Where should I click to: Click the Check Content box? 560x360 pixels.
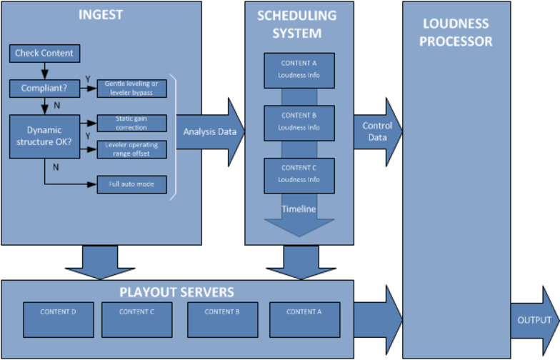pos(44,54)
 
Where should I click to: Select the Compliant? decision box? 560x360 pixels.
pos(44,89)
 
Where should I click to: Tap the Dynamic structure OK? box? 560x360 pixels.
pos(44,136)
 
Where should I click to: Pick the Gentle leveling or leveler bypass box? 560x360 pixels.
pos(131,87)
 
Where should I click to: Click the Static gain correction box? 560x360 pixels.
pos(131,122)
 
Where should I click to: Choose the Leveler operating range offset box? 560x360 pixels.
pos(131,149)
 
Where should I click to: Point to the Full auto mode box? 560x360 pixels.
pos(131,184)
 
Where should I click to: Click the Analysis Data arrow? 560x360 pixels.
pos(208,131)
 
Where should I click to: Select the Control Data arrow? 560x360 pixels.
pos(376,131)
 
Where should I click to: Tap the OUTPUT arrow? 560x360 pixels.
pos(534,320)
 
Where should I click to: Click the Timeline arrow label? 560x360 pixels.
pos(299,209)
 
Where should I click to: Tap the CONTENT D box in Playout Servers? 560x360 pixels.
pos(58,319)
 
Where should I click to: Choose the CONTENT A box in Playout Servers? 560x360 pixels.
pos(304,319)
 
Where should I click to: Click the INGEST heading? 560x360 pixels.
pos(100,14)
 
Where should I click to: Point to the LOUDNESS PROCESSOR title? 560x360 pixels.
pos(456,33)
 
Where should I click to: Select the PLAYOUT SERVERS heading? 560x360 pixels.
pos(177,292)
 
